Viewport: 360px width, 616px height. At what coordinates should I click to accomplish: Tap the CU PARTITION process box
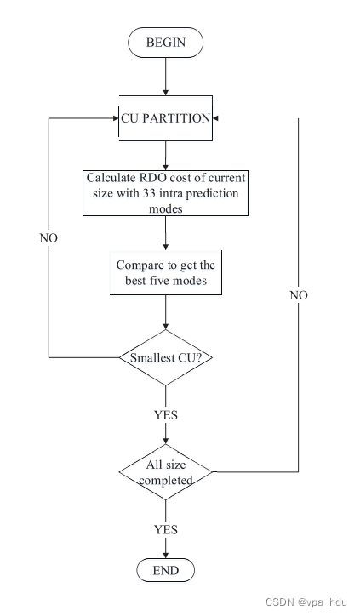[165, 118]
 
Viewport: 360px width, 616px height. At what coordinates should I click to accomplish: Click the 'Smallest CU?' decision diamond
[165, 356]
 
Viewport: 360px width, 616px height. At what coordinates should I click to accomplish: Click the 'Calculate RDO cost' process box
[165, 194]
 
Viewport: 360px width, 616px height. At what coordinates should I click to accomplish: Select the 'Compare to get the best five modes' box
[165, 272]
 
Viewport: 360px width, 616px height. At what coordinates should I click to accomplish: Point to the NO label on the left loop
[49, 237]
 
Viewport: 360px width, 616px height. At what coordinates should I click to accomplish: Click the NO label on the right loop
[299, 295]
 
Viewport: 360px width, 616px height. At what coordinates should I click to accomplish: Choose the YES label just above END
[165, 529]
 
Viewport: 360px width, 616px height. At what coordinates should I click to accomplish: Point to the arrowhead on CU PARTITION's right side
[214, 119]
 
